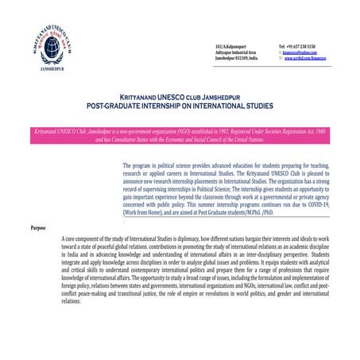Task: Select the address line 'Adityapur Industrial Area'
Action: (237, 53)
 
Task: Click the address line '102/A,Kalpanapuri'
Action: (231, 47)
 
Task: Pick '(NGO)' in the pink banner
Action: (187, 127)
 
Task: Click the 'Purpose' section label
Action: (37, 228)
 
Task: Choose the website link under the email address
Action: (311, 60)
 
